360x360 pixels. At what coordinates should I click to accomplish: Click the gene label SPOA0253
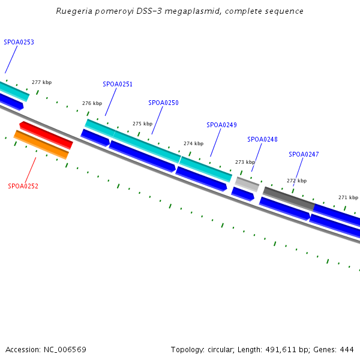[x=19, y=43]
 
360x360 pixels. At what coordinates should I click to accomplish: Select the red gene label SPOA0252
[x=23, y=186]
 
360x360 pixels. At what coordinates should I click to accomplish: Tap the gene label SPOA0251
[x=118, y=85]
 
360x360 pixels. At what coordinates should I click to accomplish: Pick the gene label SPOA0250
[x=163, y=103]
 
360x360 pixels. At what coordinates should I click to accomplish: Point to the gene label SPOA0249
[x=221, y=125]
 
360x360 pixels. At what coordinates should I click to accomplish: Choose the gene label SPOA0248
[x=262, y=140]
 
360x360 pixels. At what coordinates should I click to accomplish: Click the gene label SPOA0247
[x=304, y=155]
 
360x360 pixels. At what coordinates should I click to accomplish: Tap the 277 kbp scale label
[x=41, y=82]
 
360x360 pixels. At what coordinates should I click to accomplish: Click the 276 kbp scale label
[x=92, y=104]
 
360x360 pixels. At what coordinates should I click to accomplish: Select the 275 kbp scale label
[x=142, y=124]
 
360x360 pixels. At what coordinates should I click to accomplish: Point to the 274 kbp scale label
[x=193, y=144]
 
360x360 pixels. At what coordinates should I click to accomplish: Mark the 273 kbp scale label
[x=245, y=163]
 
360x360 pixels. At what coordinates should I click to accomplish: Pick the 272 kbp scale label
[x=296, y=181]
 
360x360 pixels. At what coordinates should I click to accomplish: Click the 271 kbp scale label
[x=348, y=197]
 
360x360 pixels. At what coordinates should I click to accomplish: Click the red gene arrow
[x=46, y=135]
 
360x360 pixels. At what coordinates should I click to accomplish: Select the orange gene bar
[x=41, y=145]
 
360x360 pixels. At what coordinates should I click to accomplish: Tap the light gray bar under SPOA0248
[x=247, y=184]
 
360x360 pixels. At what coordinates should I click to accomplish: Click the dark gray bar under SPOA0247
[x=289, y=198]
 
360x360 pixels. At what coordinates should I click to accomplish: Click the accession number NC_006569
[x=65, y=349]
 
